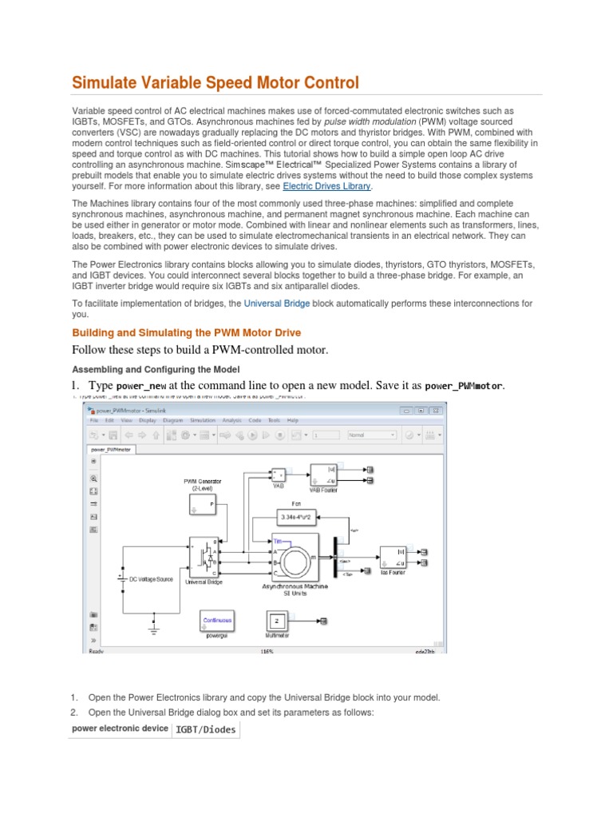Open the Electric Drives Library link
coord(326,186)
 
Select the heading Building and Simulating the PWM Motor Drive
coord(186,332)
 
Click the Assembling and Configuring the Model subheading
coord(155,369)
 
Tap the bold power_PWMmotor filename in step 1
coord(464,386)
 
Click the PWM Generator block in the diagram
coord(202,505)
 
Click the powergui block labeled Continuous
coord(217,621)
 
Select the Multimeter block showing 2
coord(275,621)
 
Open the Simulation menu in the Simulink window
coord(203,420)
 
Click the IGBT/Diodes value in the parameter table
coord(205,729)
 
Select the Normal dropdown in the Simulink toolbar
coord(370,435)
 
